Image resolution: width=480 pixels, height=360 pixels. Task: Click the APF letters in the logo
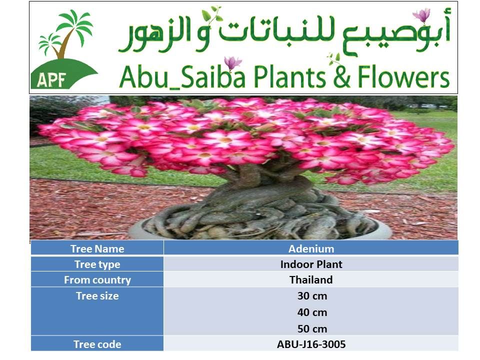(51, 80)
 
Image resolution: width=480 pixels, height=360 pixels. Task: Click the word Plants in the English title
(289, 77)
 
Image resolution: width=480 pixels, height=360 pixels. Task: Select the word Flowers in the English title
(403, 77)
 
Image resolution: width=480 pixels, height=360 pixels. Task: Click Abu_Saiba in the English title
(182, 77)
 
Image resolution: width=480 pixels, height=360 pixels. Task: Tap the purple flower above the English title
(232, 63)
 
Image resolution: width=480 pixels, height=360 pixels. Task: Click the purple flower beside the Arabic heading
(421, 15)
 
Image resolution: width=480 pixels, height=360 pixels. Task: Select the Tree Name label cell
(97, 249)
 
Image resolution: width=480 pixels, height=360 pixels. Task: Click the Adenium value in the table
(311, 249)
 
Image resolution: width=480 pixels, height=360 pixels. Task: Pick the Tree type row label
(97, 264)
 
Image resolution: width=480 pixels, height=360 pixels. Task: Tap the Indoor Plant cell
(311, 264)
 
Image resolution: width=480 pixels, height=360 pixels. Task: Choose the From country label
(97, 280)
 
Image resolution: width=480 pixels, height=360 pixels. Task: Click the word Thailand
(311, 280)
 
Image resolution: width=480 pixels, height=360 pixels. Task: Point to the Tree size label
(97, 296)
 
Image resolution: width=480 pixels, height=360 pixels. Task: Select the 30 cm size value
(312, 296)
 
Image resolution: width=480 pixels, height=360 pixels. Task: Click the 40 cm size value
(312, 312)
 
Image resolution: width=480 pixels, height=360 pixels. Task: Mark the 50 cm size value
(312, 329)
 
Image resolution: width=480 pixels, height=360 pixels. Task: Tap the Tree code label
(97, 344)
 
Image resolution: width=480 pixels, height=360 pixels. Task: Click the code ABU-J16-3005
(311, 344)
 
